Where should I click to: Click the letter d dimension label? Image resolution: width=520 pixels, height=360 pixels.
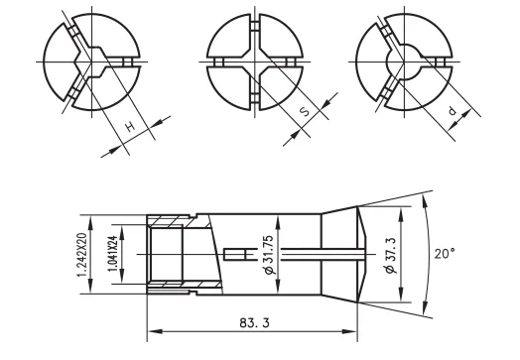(453, 112)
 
